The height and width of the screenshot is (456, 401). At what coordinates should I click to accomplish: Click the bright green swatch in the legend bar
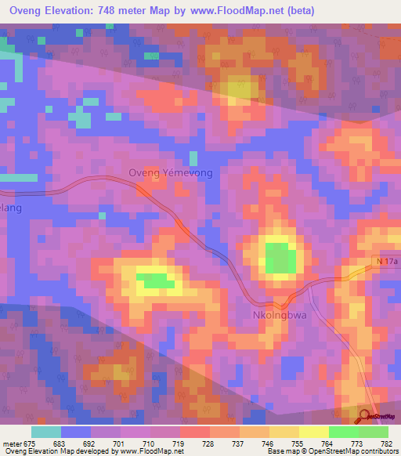pos(344,432)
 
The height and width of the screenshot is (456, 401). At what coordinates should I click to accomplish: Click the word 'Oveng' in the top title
pos(27,12)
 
